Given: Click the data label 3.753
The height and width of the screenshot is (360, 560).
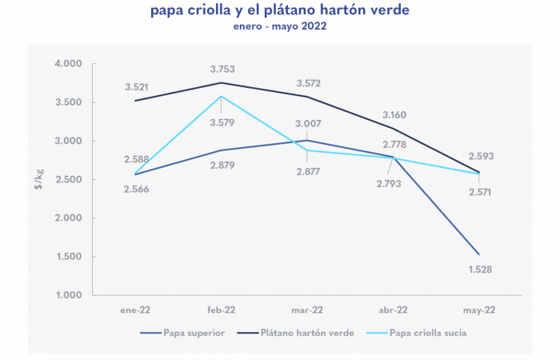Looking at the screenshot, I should pos(222,70).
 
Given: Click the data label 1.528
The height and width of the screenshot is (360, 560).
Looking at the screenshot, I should pos(479,270).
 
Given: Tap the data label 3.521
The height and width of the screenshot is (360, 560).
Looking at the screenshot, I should pos(138,86).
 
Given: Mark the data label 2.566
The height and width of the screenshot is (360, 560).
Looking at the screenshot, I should pos(138,189).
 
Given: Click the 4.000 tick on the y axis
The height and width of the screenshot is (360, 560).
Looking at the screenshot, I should pos(70,64).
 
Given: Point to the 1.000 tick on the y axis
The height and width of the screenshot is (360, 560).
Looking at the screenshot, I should pos(70,295).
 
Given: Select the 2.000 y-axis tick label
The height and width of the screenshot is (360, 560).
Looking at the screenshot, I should pos(70,218).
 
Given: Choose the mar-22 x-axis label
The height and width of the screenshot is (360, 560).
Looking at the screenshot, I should pos(306,310).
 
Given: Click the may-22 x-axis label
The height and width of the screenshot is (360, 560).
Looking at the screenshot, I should pos(479,310).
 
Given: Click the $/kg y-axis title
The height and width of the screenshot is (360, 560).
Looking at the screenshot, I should pos(38,179).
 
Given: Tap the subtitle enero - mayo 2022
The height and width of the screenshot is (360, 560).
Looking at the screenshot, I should pos(280,26).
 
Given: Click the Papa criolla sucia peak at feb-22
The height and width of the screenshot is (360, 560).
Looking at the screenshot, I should pos(222,96).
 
